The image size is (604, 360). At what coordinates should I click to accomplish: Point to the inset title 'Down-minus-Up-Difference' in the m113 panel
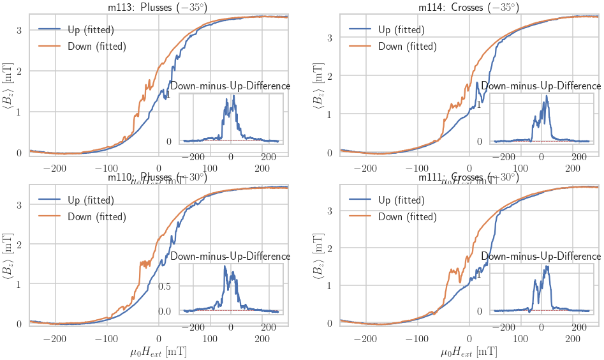(x=230, y=86)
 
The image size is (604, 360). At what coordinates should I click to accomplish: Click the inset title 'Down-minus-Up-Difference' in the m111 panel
(x=541, y=256)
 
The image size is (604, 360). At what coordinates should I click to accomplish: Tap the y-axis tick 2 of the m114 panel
(x=330, y=76)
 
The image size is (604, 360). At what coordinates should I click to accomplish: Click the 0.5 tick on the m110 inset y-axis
(x=165, y=285)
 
